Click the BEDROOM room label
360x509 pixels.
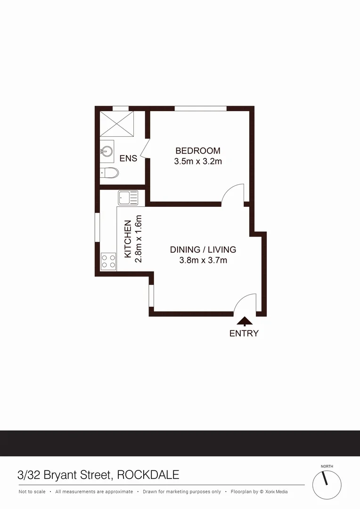click(197, 151)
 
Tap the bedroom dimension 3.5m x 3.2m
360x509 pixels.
click(197, 161)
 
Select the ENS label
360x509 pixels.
click(128, 158)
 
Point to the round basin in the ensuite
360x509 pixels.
click(106, 151)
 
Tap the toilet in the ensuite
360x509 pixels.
click(110, 172)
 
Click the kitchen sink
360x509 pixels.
click(127, 197)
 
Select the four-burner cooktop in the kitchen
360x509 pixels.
click(108, 261)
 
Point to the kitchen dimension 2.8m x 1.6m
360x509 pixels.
click(138, 239)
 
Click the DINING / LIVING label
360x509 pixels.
click(203, 250)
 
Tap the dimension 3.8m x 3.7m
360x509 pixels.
click(203, 260)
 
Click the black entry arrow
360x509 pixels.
click(244, 321)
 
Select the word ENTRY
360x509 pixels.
click(244, 333)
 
